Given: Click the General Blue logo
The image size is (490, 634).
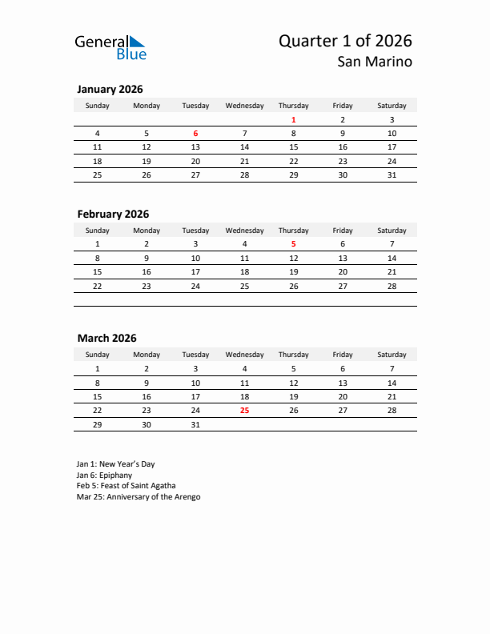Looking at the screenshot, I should pyautogui.click(x=110, y=47).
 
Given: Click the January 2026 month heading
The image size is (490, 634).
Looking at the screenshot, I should pyautogui.click(x=110, y=90).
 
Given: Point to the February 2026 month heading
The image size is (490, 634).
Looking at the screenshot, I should pyautogui.click(x=113, y=215).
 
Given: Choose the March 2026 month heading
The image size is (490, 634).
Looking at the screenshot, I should pyautogui.click(x=106, y=339).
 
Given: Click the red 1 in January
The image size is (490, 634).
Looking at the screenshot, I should pyautogui.click(x=294, y=120).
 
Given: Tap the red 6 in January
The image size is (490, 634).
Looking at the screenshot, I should pyautogui.click(x=195, y=134).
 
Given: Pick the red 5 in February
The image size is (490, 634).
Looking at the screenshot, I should pyautogui.click(x=294, y=244).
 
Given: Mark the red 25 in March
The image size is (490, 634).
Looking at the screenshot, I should pyautogui.click(x=244, y=410).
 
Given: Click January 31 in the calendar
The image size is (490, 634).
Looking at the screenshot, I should pyautogui.click(x=392, y=175).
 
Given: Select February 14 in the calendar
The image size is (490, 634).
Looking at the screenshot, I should pyautogui.click(x=392, y=259).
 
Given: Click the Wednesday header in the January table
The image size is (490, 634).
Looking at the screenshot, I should pyautogui.click(x=244, y=106).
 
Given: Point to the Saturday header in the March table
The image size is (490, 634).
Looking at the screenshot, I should pyautogui.click(x=392, y=355).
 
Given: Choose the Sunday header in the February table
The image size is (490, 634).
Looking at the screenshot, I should pyautogui.click(x=98, y=231).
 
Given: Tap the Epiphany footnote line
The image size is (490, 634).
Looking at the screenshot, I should pyautogui.click(x=104, y=475).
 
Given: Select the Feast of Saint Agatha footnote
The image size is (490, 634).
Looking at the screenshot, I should pyautogui.click(x=126, y=486).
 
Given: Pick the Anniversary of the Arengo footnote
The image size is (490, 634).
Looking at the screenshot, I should pyautogui.click(x=139, y=497).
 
